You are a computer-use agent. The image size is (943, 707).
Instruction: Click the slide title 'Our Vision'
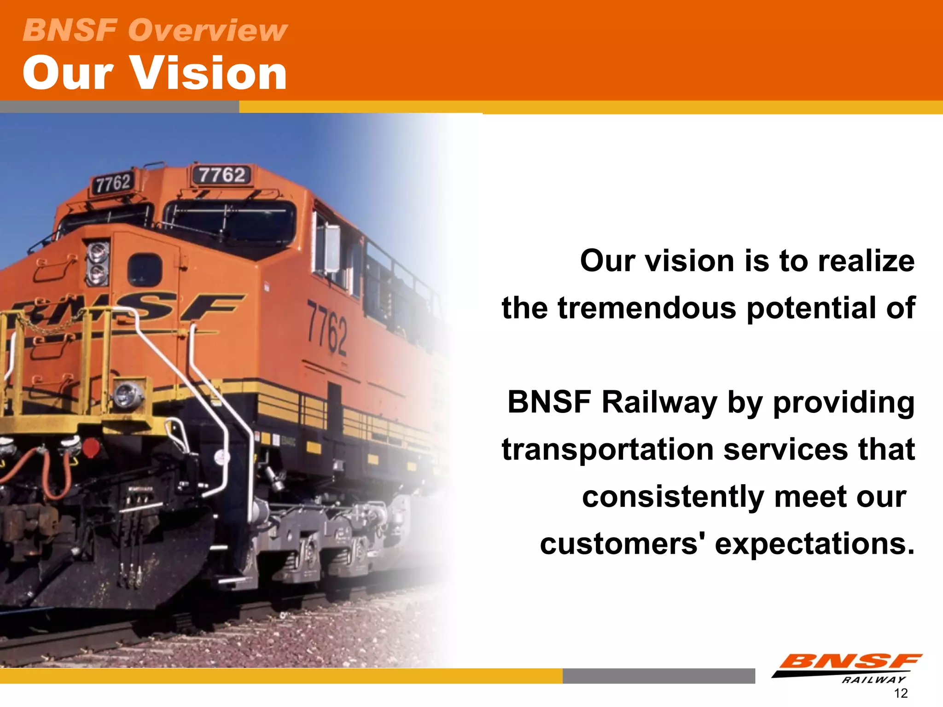point(155,73)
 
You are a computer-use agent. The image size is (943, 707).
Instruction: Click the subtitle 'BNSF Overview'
point(155,30)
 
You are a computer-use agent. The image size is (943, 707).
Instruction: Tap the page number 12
point(900,693)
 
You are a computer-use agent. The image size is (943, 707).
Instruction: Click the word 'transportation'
point(607,449)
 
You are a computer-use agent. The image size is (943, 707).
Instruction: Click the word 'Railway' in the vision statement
point(658,402)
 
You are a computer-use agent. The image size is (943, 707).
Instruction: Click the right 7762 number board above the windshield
point(221,175)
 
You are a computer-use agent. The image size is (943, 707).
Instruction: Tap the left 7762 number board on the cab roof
point(112,183)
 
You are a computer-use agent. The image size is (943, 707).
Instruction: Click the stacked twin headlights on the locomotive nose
point(98,263)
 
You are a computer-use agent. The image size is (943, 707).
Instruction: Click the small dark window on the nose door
point(145,269)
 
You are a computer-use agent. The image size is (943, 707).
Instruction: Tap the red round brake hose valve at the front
point(90,447)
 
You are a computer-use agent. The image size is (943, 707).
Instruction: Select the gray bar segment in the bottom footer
point(658,676)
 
